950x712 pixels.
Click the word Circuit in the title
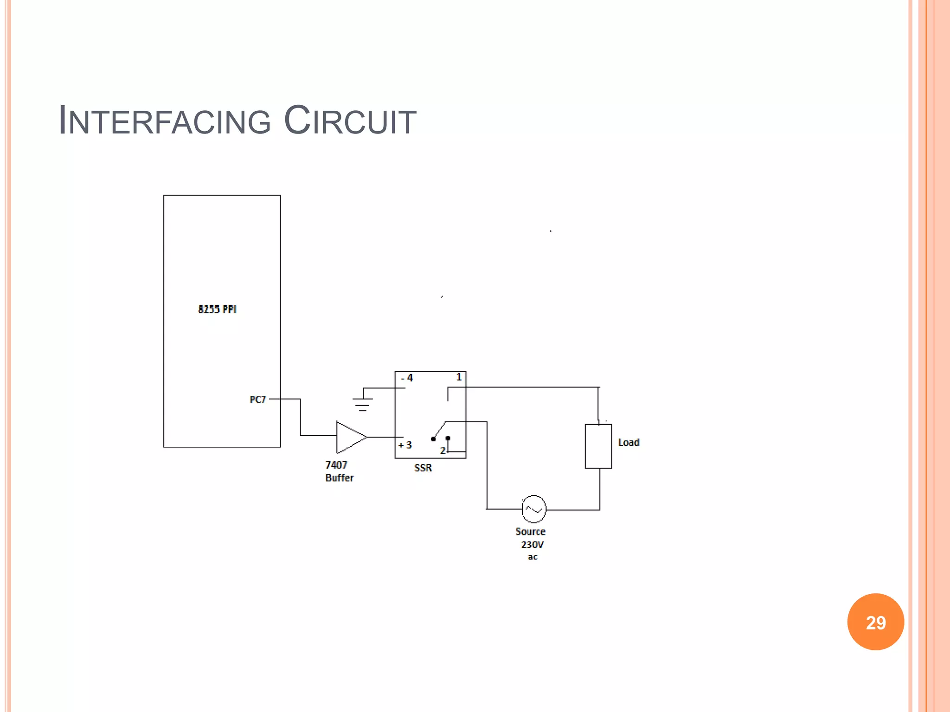coord(350,121)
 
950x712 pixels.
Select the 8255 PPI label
coord(217,309)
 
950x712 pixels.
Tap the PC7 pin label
coord(258,400)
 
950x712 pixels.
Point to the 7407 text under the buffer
coord(336,465)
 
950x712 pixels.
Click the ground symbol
coord(363,404)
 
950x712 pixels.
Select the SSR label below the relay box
coord(423,468)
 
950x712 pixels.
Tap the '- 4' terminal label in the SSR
coord(407,378)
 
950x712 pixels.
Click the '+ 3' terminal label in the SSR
coord(405,445)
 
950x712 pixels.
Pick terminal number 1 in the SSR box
coord(459,377)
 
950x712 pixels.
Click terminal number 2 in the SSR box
coord(443,451)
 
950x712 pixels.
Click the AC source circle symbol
coord(534,509)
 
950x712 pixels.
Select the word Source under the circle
coord(530,532)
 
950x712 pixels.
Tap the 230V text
coord(532,545)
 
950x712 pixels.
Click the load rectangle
coord(598,446)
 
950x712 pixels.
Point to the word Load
coord(629,443)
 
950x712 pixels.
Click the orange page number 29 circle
coord(875,622)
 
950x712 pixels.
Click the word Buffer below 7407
coord(339,478)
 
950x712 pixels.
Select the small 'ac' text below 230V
coord(533,557)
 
